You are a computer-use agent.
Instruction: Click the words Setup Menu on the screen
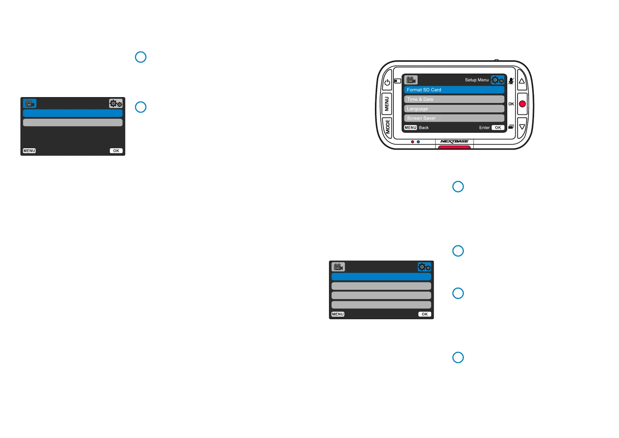pos(476,80)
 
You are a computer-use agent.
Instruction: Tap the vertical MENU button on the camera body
pos(387,104)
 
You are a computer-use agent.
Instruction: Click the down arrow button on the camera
pos(522,127)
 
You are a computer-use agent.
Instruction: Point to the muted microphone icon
pos(511,81)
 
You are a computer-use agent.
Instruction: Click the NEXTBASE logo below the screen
pos(454,142)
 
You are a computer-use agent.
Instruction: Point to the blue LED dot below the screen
pos(418,142)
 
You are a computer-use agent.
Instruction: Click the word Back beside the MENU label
pos(424,128)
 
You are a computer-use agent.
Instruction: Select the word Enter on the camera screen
pos(484,128)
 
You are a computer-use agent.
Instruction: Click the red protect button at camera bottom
pos(454,147)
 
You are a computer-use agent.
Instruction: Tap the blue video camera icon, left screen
pos(30,103)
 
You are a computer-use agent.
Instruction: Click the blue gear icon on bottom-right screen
pos(425,267)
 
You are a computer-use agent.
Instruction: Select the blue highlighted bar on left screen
pos(73,113)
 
